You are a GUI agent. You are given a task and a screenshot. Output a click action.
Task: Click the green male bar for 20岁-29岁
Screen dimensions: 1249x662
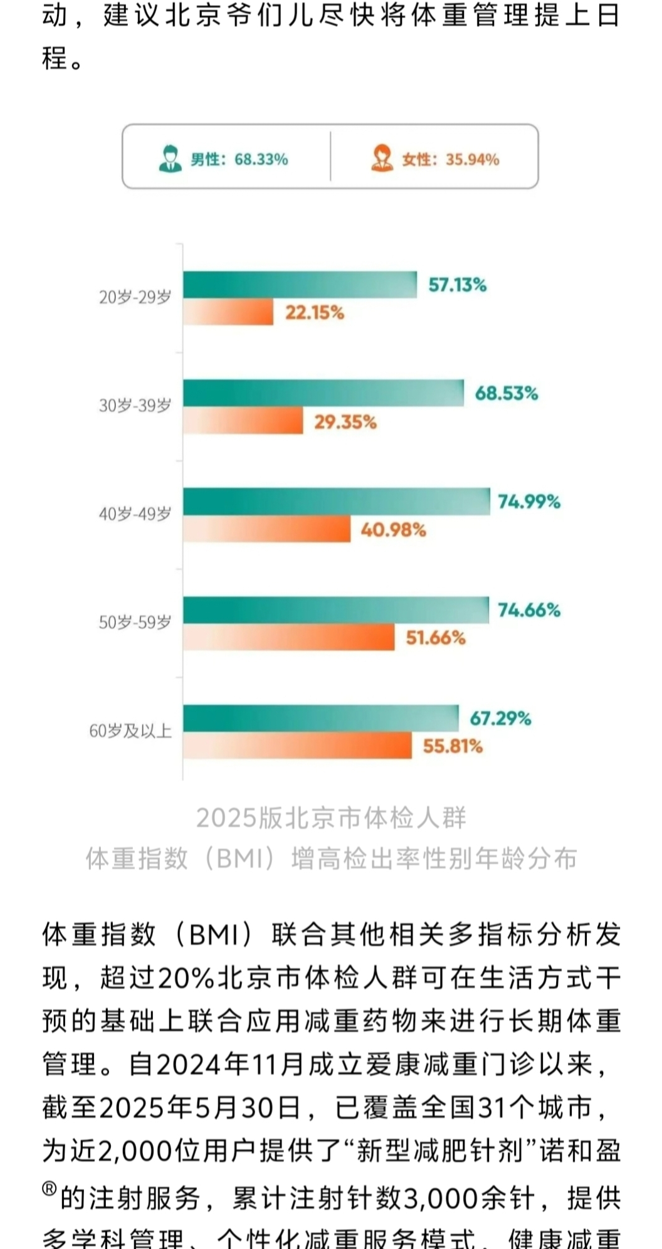300,285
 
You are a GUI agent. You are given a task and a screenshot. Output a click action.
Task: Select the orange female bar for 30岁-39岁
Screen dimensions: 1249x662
243,421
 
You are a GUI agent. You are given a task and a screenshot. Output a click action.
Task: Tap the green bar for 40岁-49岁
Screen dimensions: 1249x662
336,502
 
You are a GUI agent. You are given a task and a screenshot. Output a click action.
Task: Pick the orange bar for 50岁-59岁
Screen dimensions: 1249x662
288,638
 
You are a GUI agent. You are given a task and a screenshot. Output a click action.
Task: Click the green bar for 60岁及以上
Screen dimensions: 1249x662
320,718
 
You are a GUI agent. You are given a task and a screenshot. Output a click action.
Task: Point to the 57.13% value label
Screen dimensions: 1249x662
457,285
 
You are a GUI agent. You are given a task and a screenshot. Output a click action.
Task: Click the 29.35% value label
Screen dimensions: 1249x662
345,422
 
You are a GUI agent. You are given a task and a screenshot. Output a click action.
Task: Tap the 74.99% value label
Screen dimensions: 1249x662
529,502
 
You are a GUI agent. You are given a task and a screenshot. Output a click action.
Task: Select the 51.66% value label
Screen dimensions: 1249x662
436,638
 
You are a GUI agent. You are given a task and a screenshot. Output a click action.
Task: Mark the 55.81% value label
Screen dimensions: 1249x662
453,746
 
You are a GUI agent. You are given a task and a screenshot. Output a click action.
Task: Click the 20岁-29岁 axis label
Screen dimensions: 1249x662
135,297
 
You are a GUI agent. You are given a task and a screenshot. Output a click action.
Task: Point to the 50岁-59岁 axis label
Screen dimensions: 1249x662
135,623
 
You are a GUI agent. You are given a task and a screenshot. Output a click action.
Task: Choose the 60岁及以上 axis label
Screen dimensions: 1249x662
130,731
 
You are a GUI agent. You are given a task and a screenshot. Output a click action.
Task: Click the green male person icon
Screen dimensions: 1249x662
170,159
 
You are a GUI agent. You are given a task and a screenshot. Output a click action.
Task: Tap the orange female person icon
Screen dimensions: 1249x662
382,159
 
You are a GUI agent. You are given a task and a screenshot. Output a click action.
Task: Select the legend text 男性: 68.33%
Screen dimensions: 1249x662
239,159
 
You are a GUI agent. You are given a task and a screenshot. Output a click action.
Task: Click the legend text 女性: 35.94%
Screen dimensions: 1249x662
451,159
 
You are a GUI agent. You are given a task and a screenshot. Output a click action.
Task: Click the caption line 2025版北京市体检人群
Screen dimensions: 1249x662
331,818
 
